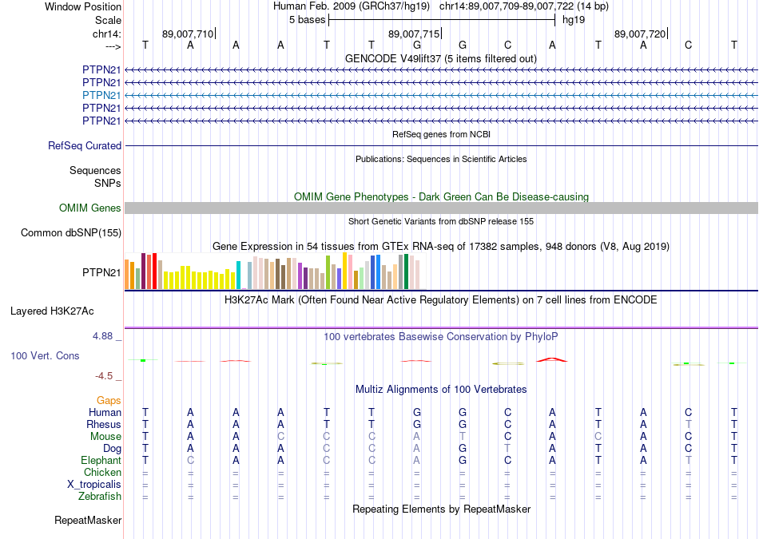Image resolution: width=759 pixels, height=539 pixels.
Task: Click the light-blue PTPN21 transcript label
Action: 101,95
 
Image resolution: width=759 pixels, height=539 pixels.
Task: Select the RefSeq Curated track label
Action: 85,146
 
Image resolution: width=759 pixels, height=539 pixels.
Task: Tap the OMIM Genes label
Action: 90,208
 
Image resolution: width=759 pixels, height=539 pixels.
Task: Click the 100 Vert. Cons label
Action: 45,355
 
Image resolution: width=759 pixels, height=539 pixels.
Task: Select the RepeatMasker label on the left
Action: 88,521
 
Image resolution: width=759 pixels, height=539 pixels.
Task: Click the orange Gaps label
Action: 109,400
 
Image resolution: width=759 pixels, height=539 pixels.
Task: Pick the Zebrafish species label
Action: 101,496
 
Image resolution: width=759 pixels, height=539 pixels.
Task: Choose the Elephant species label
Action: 101,460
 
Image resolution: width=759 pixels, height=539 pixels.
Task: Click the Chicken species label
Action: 103,472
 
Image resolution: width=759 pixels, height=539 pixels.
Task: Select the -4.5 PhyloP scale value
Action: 105,375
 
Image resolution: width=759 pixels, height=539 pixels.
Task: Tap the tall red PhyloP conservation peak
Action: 551,359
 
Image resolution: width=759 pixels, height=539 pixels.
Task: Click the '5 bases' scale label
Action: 307,19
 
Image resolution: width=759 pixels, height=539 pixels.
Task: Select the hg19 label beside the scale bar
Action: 574,19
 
